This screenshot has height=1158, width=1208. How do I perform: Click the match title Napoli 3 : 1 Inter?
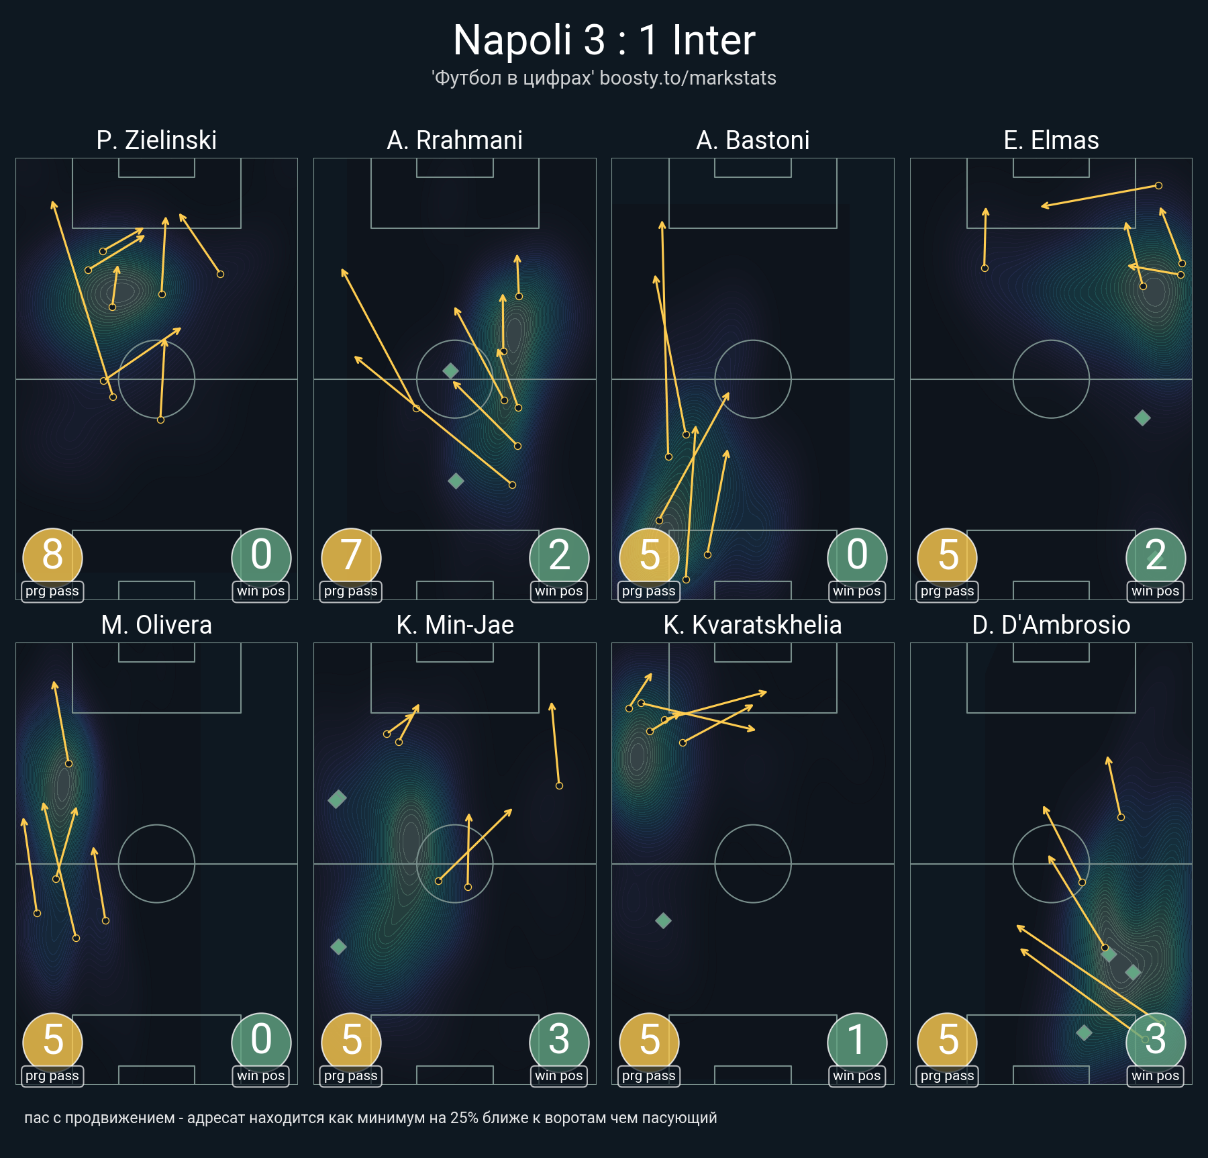pyautogui.click(x=604, y=40)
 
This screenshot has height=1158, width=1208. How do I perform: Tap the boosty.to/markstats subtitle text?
pyautogui.click(x=688, y=79)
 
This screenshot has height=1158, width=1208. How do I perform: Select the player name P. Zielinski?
pyautogui.click(x=156, y=140)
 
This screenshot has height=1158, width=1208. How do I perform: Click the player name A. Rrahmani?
pyautogui.click(x=454, y=140)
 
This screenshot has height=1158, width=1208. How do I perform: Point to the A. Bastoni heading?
pyautogui.click(x=752, y=140)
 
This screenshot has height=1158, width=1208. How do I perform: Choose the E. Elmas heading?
pyautogui.click(x=1051, y=140)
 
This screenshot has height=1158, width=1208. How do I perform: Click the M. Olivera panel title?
pyautogui.click(x=156, y=625)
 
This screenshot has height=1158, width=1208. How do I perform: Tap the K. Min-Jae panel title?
pyautogui.click(x=454, y=625)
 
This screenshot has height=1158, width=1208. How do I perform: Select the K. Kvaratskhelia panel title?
pyautogui.click(x=752, y=625)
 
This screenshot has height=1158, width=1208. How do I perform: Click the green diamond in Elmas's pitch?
pyautogui.click(x=1142, y=418)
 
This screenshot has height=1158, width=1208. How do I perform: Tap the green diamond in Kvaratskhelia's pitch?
pyautogui.click(x=663, y=921)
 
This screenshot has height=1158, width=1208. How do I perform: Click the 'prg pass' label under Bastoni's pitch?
pyautogui.click(x=648, y=591)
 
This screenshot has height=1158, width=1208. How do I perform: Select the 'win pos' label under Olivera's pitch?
pyautogui.click(x=260, y=1076)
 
